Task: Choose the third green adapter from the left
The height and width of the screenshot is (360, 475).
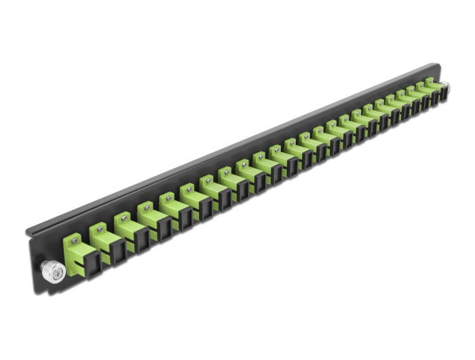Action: (124, 225)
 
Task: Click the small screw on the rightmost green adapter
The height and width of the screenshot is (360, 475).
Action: (430, 79)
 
